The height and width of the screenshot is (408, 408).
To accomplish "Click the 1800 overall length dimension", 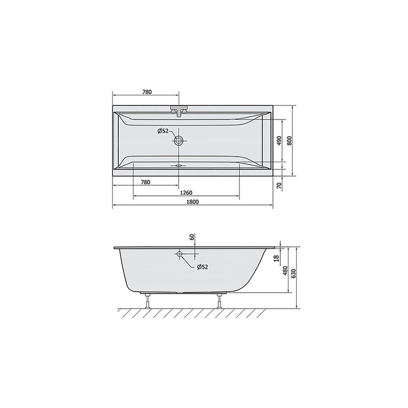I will (192, 202).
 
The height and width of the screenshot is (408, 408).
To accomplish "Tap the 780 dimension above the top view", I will (146, 92).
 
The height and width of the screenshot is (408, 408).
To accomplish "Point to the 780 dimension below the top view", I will (145, 182).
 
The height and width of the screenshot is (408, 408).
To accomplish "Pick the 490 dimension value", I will (280, 141).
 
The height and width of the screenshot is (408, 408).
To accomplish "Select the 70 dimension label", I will (280, 184).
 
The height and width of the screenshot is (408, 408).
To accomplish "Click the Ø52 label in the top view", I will (163, 131).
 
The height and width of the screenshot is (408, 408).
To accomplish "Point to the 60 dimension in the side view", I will (192, 237).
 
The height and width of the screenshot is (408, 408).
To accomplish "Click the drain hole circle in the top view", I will (179, 141).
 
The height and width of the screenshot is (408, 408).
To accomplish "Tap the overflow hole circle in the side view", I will (180, 254).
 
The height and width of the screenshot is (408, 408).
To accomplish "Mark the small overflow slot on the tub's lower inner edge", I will (179, 165).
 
